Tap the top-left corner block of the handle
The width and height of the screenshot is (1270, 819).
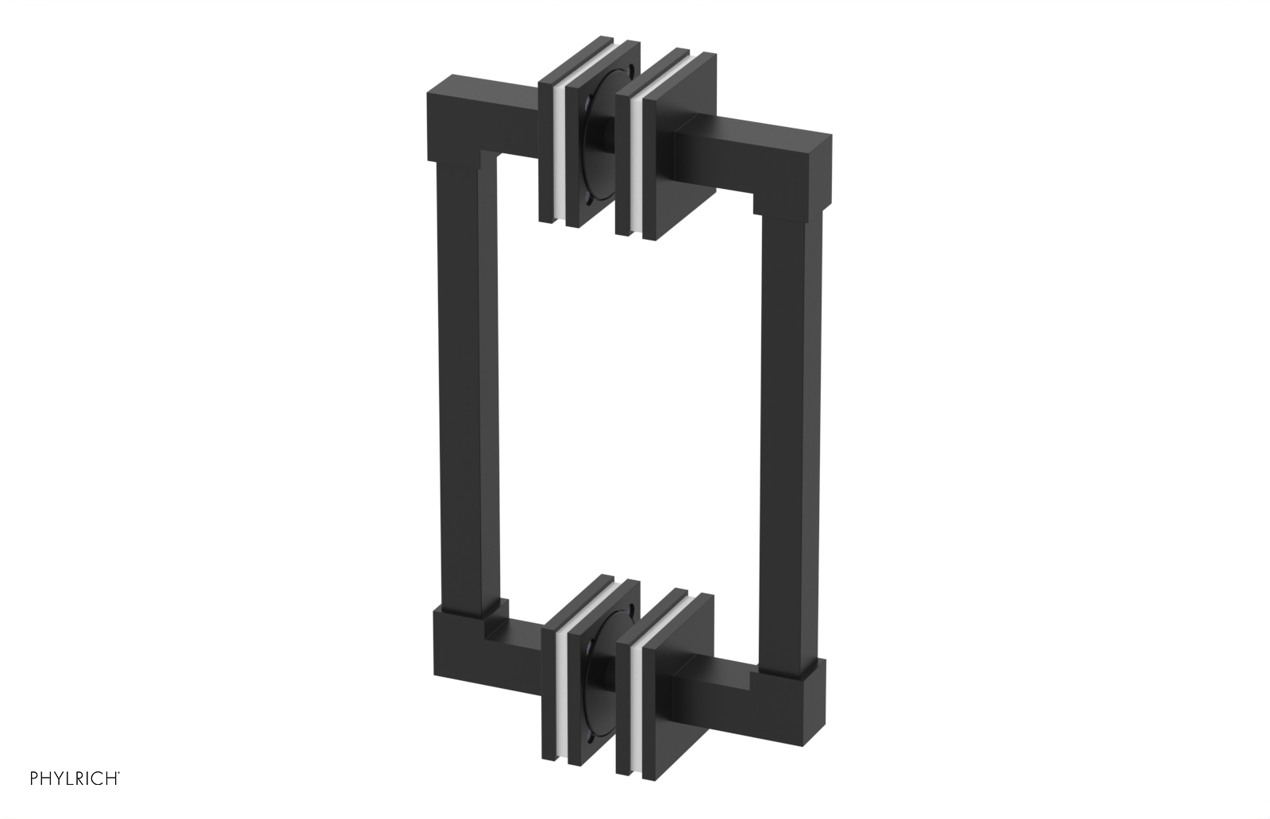[452, 119]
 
